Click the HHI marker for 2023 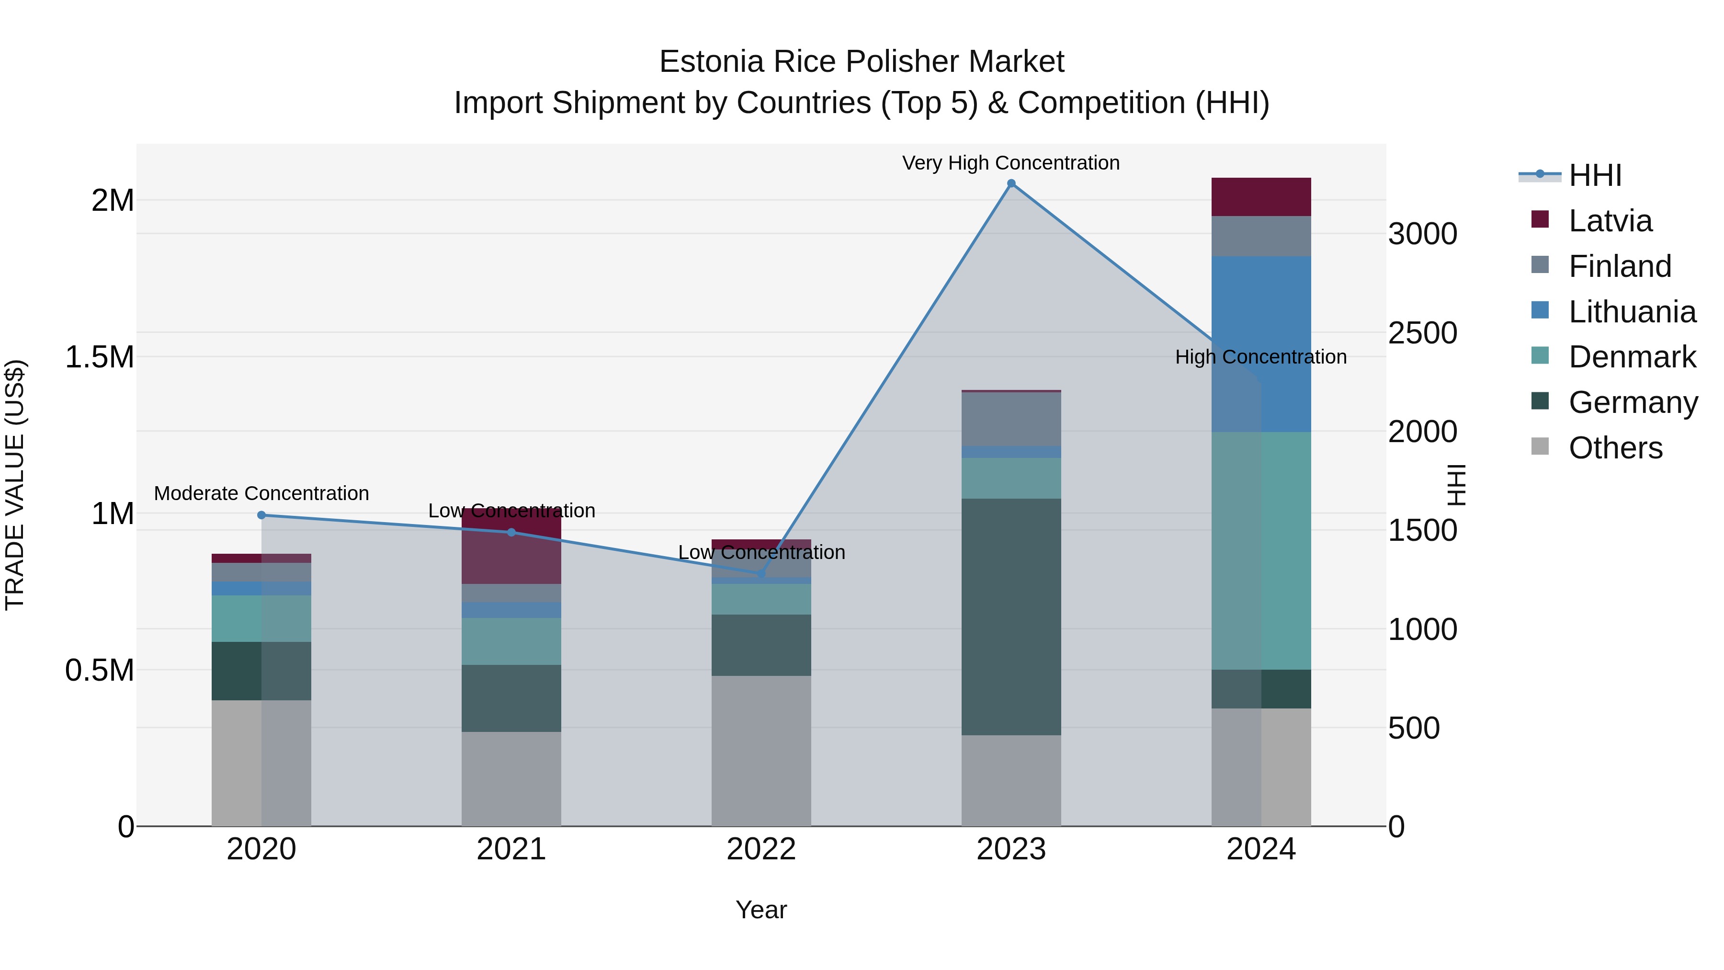click(1011, 183)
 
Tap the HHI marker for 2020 click(261, 515)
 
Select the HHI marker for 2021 click(511, 532)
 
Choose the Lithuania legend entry click(1632, 312)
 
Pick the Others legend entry click(1615, 448)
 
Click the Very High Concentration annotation click(1010, 163)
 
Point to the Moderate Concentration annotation click(261, 493)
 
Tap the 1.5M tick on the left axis click(99, 357)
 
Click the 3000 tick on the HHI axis click(1422, 234)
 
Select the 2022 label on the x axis click(761, 849)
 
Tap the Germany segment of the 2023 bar click(1011, 616)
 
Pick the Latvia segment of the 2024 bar click(1261, 197)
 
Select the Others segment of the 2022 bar click(761, 750)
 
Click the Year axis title click(761, 910)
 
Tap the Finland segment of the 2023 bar click(1011, 419)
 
